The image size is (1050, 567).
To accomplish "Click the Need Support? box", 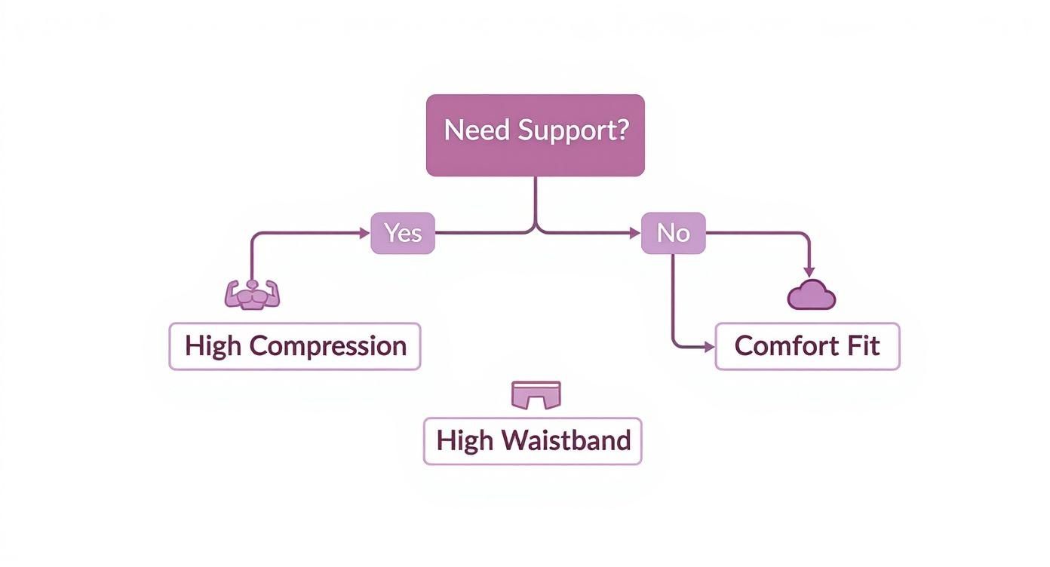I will coord(535,135).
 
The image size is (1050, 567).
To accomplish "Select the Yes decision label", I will coord(403,233).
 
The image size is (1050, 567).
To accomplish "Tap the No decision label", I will coord(673,233).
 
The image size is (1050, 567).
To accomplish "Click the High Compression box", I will coord(294,346).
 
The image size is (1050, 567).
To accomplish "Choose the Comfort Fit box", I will coord(807,346).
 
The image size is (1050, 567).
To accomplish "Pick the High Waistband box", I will coord(533,441).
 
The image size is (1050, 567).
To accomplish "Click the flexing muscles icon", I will coord(252,294).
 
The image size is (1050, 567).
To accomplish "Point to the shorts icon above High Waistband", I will coord(536,394).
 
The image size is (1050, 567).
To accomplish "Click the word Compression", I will coord(328,347).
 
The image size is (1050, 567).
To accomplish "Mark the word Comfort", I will coord(781,346).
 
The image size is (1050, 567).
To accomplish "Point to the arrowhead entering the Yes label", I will coord(365,233).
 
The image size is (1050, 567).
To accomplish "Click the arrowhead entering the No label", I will coord(636,233).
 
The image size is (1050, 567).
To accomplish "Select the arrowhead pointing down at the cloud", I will coord(809,271).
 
